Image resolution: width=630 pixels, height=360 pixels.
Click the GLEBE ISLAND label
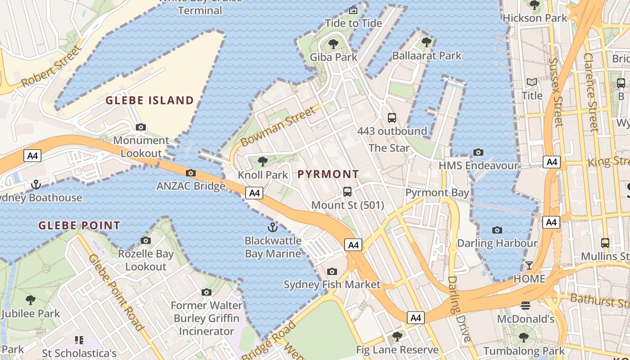[149, 100]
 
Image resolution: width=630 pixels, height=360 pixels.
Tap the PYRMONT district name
[328, 174]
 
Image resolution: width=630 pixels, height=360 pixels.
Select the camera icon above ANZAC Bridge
[190, 173]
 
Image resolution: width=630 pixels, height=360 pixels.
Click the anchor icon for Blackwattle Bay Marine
[272, 227]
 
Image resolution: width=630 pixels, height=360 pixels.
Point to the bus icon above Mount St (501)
[347, 192]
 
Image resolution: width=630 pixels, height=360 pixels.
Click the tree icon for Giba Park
[333, 44]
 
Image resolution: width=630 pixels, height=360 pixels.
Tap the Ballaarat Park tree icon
[427, 42]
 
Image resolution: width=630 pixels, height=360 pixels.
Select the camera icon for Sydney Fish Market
[332, 271]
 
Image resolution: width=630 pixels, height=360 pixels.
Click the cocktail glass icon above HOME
[529, 265]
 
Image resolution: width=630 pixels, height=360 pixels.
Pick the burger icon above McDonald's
[525, 306]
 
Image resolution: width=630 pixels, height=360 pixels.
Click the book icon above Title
[532, 82]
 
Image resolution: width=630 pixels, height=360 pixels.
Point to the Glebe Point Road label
[116, 292]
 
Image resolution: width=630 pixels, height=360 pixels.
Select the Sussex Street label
[556, 92]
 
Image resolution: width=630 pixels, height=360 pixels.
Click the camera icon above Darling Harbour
[497, 230]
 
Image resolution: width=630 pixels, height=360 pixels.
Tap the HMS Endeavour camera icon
[478, 153]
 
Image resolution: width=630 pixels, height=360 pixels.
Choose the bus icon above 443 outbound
[392, 118]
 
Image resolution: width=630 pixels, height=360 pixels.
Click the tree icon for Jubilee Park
[30, 300]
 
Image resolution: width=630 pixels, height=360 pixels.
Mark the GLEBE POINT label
[79, 225]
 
